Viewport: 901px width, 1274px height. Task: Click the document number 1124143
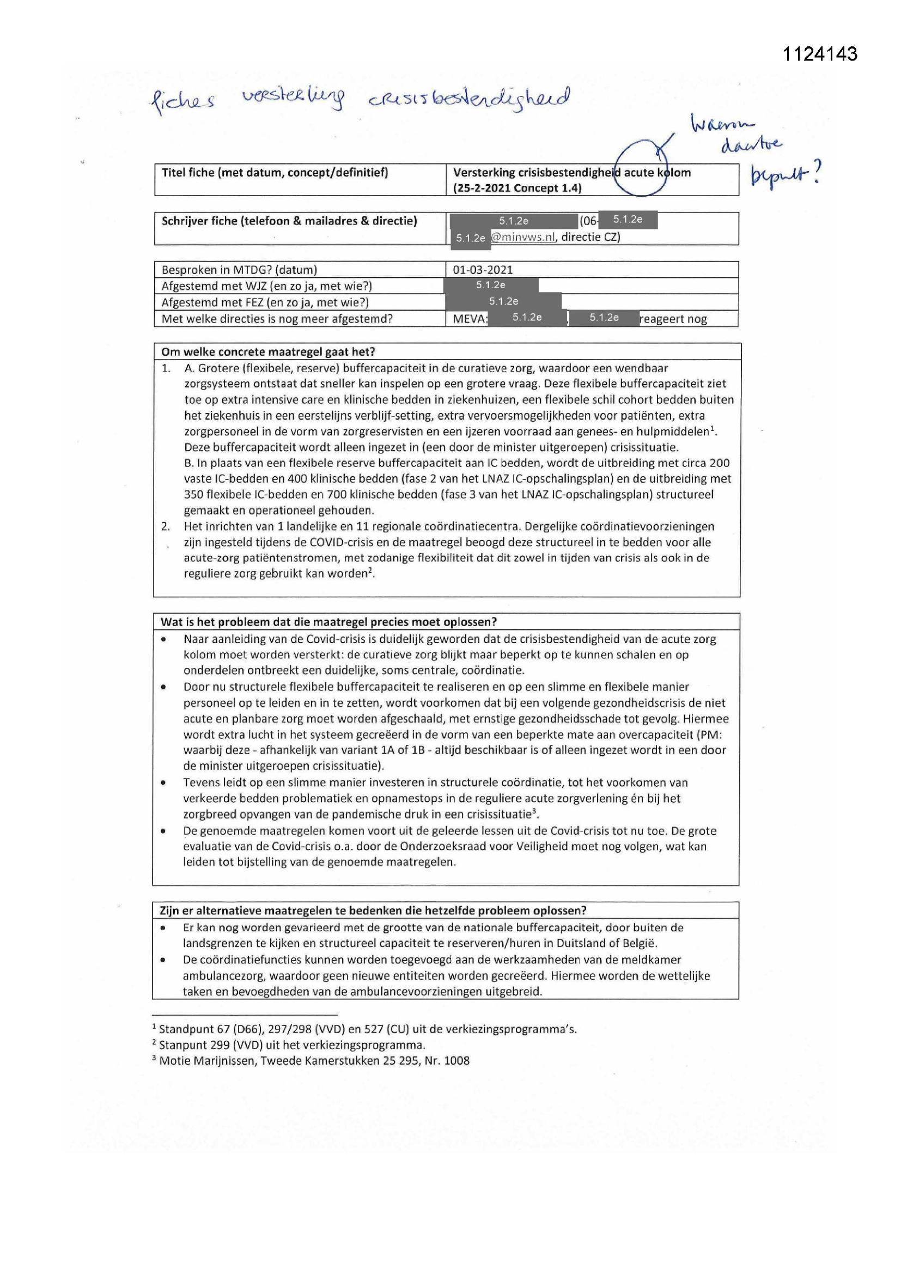[x=819, y=54]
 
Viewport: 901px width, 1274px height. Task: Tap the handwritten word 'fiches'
[x=182, y=101]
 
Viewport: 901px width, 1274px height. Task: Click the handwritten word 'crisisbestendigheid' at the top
[x=469, y=98]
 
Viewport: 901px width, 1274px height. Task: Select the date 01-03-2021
[x=483, y=270]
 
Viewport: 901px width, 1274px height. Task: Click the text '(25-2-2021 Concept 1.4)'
[x=517, y=188]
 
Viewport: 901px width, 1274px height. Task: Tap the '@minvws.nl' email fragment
[x=523, y=237]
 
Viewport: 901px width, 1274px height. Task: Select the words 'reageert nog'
[x=673, y=319]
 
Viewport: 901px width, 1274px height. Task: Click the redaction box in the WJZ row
[x=491, y=285]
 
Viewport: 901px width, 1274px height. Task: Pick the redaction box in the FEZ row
[x=503, y=301]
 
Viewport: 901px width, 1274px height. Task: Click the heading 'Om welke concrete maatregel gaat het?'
[x=268, y=352]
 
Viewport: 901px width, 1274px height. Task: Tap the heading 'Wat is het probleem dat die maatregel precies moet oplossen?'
[x=328, y=621]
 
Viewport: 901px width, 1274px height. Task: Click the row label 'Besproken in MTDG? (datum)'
[x=239, y=270]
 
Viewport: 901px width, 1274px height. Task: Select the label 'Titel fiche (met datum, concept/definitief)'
[x=275, y=173]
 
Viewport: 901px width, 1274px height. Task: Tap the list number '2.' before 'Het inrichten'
[x=166, y=526]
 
